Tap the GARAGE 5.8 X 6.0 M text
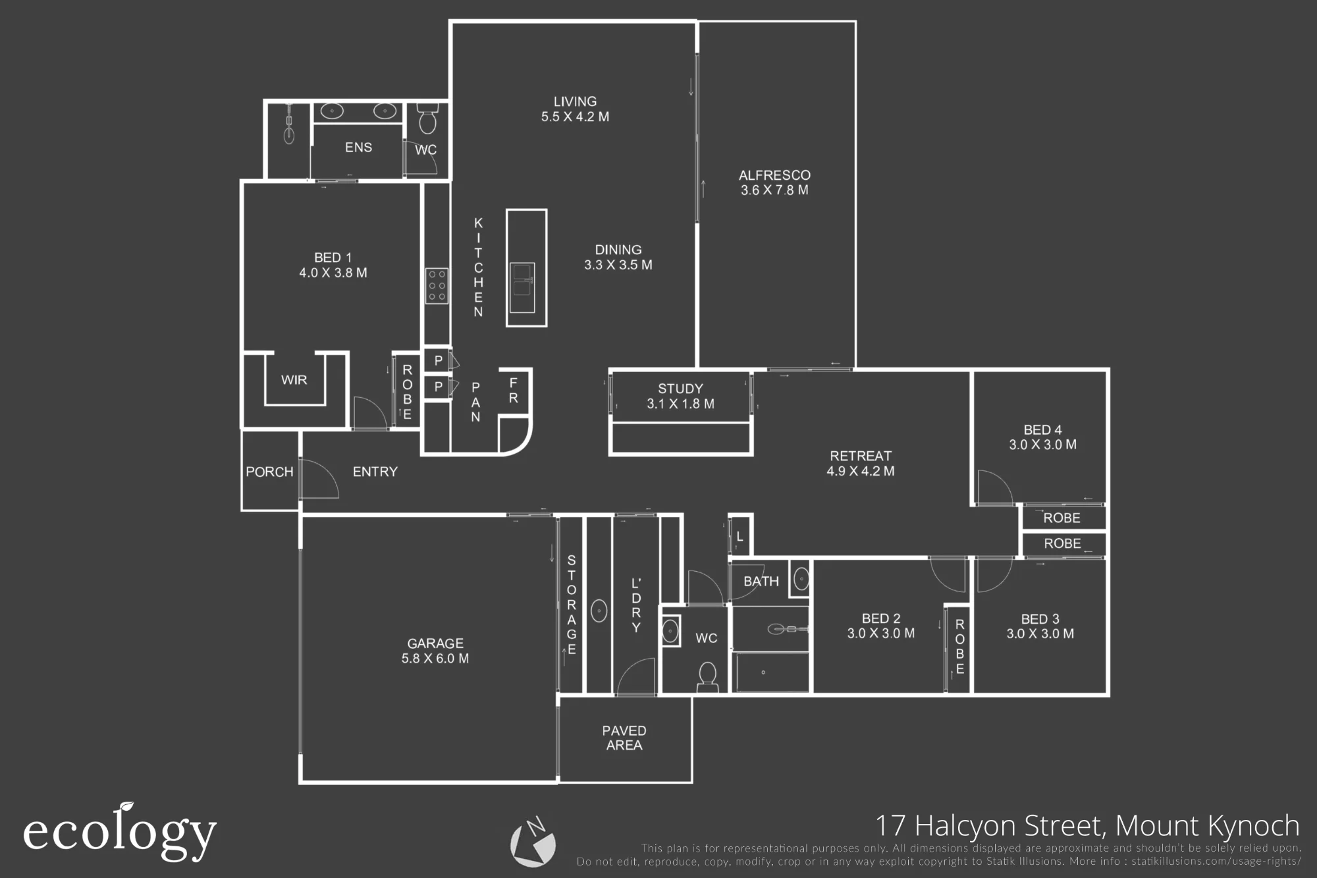pos(435,651)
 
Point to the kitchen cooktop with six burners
pos(437,286)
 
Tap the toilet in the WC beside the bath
pos(707,676)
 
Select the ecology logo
pos(120,832)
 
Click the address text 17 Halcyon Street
pos(989,825)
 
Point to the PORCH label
pos(269,472)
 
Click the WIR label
pos(294,380)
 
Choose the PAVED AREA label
pos(624,738)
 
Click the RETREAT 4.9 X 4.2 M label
pos(861,463)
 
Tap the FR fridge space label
pos(514,391)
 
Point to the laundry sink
pos(599,611)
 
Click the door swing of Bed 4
pos(994,487)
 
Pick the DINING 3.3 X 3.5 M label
pos(618,257)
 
